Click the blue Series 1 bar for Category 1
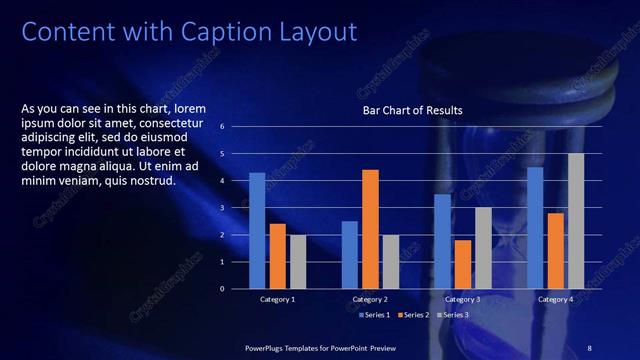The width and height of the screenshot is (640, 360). [257, 230]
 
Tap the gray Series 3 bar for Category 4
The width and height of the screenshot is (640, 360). [576, 220]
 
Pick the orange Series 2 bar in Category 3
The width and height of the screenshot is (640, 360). [463, 264]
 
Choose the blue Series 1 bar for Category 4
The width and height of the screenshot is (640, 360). [535, 227]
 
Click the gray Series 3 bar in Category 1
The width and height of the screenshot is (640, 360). [298, 261]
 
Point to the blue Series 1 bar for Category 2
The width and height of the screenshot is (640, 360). [349, 254]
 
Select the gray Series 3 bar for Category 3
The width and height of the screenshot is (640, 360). [483, 247]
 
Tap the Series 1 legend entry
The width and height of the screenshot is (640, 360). [375, 316]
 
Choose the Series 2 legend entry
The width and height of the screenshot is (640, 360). [413, 316]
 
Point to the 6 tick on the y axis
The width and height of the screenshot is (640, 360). [237, 127]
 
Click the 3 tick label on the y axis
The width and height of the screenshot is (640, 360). [237, 208]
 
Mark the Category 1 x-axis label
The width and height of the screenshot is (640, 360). [278, 300]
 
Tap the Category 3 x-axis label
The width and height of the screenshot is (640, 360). [463, 300]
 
